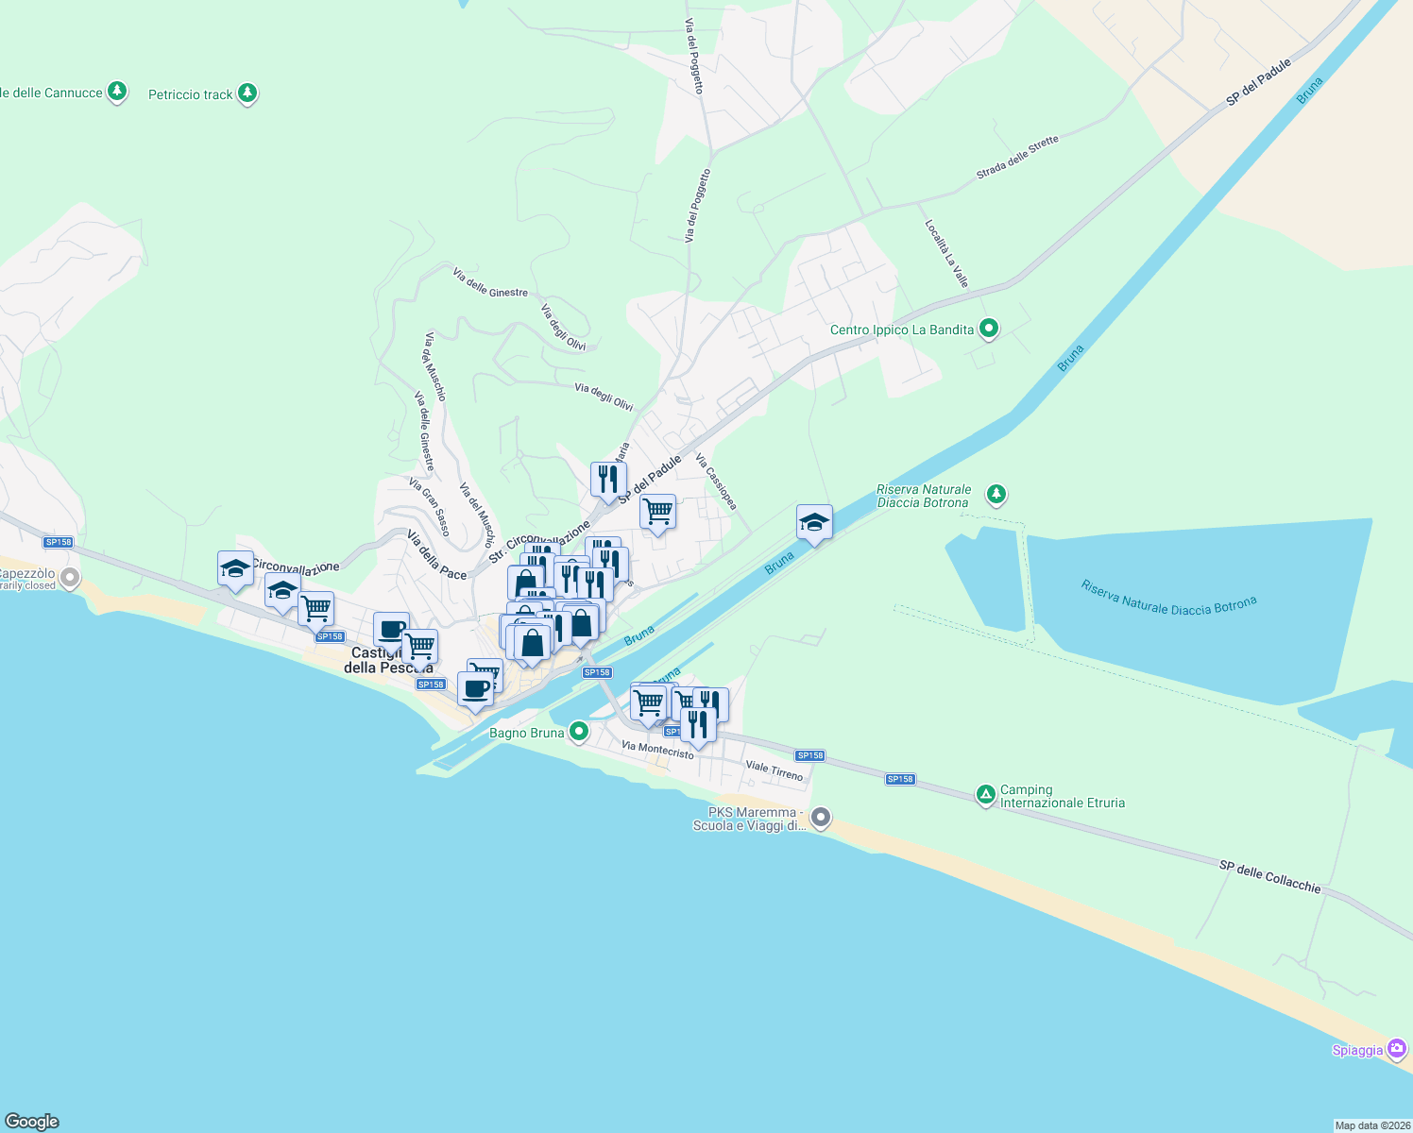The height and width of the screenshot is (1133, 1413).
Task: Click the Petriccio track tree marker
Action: tap(247, 93)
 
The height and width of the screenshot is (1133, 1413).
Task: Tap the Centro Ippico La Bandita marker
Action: tap(989, 330)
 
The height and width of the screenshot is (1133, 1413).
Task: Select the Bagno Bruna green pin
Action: tap(579, 732)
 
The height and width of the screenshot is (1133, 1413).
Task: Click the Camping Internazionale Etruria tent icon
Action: tap(985, 795)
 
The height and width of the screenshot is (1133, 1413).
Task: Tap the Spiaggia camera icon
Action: tap(1398, 1049)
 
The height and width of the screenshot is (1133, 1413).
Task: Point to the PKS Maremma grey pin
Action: tap(821, 818)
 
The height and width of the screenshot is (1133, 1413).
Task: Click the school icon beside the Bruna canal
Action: tap(813, 522)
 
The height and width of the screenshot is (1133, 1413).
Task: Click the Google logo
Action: tap(31, 1121)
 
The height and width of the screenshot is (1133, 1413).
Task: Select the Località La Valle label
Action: tap(946, 253)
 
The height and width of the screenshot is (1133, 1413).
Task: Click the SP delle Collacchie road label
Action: tap(1269, 876)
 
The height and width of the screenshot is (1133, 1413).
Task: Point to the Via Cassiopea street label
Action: tap(716, 482)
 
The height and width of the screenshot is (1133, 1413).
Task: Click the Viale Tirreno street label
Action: tap(775, 771)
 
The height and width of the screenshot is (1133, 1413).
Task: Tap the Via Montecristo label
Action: tap(657, 750)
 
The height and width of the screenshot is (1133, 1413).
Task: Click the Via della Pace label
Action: tap(436, 554)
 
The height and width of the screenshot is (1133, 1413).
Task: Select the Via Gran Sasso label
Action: tap(430, 506)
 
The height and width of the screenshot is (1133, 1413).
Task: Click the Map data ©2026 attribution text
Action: tap(1372, 1125)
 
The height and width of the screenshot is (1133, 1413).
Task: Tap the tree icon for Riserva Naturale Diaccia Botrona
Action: tap(996, 494)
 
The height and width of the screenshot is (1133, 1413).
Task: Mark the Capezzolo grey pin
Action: tap(69, 577)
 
